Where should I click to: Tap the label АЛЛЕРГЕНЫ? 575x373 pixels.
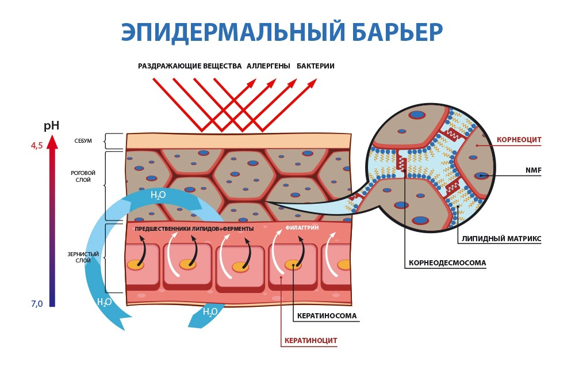tap(268, 66)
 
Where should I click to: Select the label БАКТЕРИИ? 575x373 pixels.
tap(316, 66)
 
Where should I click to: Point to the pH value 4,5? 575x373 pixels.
tap(36, 146)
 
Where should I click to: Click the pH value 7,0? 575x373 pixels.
tap(37, 304)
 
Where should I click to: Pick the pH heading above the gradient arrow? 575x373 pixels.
tap(51, 125)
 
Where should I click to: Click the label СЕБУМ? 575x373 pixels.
tap(83, 141)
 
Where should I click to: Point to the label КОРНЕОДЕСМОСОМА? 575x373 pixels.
tap(447, 263)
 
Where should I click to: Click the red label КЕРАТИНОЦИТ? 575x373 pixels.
tap(311, 341)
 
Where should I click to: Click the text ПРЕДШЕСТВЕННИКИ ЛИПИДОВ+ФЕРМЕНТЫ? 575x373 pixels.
tap(194, 229)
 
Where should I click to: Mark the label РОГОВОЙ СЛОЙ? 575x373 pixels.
tap(83, 176)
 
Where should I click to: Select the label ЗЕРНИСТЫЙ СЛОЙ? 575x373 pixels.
tap(83, 257)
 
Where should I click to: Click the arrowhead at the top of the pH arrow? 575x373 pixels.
tap(52, 142)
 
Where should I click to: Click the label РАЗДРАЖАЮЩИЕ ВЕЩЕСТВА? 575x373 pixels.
tap(190, 66)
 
